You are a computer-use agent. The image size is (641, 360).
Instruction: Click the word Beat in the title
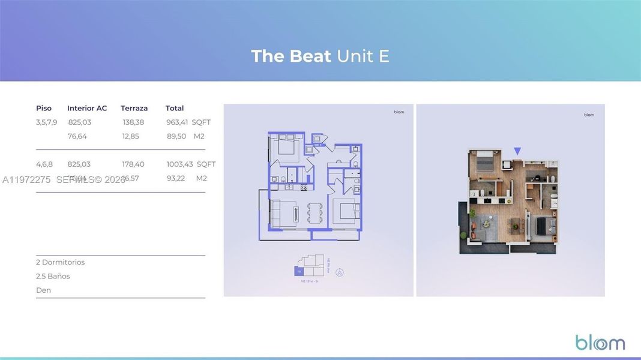click(x=310, y=56)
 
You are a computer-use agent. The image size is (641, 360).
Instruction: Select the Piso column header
click(x=44, y=108)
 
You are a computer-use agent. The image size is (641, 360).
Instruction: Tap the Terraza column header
click(x=134, y=108)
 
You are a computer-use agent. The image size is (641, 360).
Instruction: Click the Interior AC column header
click(x=87, y=108)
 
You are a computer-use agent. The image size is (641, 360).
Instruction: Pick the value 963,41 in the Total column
click(x=177, y=122)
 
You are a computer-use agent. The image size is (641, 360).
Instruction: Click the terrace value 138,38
click(x=133, y=122)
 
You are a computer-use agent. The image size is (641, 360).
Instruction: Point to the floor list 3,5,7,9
click(x=46, y=122)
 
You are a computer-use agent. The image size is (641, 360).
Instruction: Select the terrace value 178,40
click(x=133, y=164)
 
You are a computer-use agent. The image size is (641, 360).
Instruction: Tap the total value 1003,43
click(x=179, y=164)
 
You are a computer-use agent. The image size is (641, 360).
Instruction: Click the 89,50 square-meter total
click(x=176, y=136)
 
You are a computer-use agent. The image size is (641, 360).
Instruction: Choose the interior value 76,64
click(x=77, y=136)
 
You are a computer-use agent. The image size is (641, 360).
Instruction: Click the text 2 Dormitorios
click(x=60, y=262)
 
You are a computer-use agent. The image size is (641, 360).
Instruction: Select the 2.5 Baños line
click(x=53, y=276)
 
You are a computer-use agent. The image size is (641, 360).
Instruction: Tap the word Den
click(x=43, y=290)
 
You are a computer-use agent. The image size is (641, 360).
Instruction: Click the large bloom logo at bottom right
click(x=600, y=343)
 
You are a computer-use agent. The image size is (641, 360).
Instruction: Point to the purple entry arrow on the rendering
click(x=517, y=151)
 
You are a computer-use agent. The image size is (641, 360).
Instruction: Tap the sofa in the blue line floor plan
click(x=277, y=214)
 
